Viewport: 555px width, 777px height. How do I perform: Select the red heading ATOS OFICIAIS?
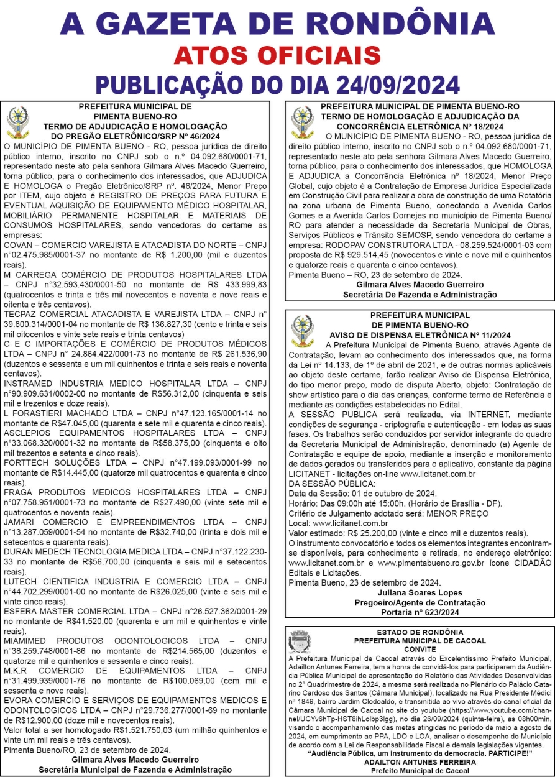(x=277, y=55)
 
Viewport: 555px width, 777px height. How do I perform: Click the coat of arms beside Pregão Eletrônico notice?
(x=17, y=121)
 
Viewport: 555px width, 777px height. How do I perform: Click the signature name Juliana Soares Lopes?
(x=420, y=592)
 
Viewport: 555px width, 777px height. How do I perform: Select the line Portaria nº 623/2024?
(x=420, y=612)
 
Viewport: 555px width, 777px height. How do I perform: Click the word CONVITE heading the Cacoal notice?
(x=420, y=649)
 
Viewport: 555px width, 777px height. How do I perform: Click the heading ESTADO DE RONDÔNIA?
(x=420, y=632)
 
